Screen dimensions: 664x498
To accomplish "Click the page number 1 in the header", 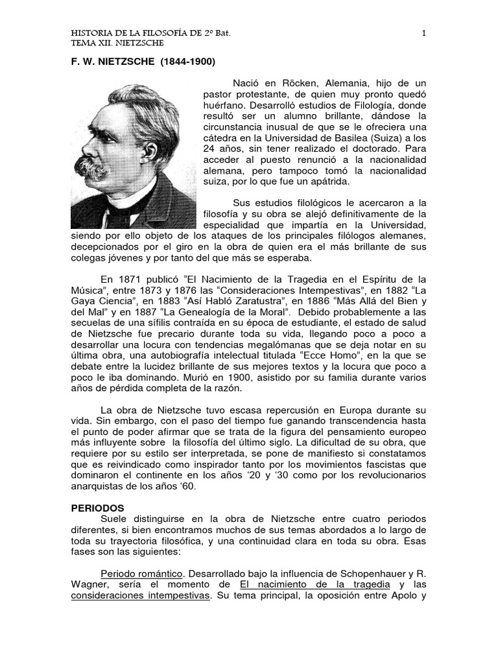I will click(x=423, y=32).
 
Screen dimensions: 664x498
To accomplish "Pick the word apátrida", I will click(x=324, y=182).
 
